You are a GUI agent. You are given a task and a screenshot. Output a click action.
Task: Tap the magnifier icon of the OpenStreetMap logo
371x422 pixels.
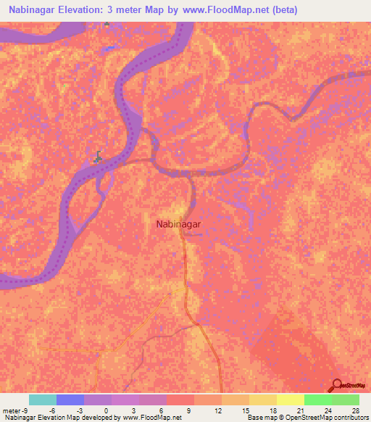335,384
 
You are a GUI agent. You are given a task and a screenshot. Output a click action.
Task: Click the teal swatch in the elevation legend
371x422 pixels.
43,400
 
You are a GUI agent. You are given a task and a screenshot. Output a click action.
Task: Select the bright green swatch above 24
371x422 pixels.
317,400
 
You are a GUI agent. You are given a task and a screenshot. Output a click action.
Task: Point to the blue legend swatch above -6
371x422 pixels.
70,400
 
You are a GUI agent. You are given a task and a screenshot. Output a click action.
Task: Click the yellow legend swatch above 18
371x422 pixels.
262,400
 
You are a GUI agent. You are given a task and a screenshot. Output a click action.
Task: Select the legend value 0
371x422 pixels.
107,410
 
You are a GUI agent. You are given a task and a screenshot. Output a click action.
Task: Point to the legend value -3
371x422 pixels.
79,410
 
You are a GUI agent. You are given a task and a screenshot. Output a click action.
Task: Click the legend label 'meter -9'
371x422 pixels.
14,410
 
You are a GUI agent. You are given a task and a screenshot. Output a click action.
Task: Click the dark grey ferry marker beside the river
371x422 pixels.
99,155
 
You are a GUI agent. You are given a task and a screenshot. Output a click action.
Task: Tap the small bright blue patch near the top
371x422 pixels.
110,48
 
